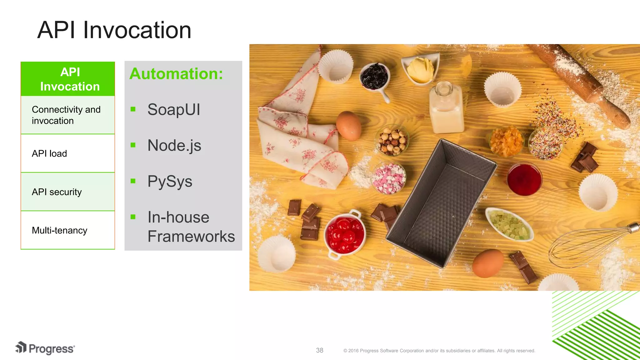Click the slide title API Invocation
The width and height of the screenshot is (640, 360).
pyautogui.click(x=114, y=30)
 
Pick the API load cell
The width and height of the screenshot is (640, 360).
pyautogui.click(x=68, y=153)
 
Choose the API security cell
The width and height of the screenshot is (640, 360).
pyautogui.click(x=68, y=192)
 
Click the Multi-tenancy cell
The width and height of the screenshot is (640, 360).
pyautogui.click(x=68, y=230)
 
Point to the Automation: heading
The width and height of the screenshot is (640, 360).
pyautogui.click(x=176, y=74)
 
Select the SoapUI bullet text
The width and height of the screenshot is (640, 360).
pyautogui.click(x=174, y=110)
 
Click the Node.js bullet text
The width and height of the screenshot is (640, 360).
pyautogui.click(x=174, y=146)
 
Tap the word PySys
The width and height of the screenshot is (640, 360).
pyautogui.click(x=170, y=182)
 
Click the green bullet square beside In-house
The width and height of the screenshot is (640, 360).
pyautogui.click(x=133, y=217)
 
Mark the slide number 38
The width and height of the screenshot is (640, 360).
pyautogui.click(x=319, y=350)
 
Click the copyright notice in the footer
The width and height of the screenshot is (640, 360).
pyautogui.click(x=439, y=351)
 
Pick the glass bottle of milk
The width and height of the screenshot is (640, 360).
pyautogui.click(x=446, y=109)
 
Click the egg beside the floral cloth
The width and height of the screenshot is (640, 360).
pyautogui.click(x=348, y=126)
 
